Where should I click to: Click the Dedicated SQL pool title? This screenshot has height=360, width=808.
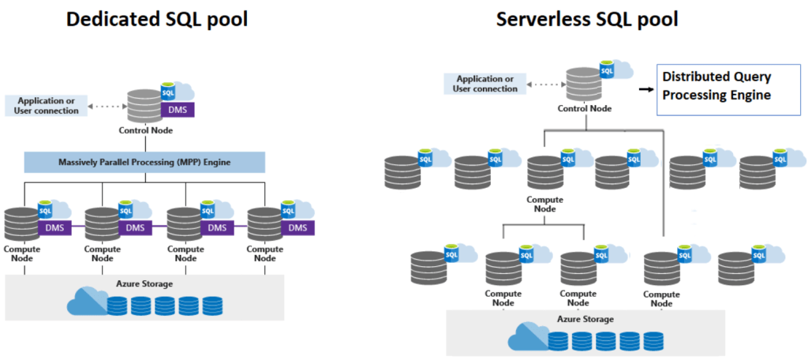[157, 19]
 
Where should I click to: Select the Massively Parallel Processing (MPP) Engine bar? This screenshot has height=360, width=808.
[144, 163]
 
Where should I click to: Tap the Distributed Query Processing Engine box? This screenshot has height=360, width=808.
[716, 85]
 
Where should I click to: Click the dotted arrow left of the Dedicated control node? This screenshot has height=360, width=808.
[107, 106]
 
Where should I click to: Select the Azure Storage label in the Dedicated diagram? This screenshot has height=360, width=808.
[144, 283]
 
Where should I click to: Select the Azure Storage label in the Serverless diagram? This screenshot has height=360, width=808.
[585, 319]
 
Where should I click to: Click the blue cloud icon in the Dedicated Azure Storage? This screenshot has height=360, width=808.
[87, 302]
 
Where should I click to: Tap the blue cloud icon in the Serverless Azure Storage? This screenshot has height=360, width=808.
[527, 337]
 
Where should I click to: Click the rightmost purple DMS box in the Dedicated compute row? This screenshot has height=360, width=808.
[297, 228]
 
